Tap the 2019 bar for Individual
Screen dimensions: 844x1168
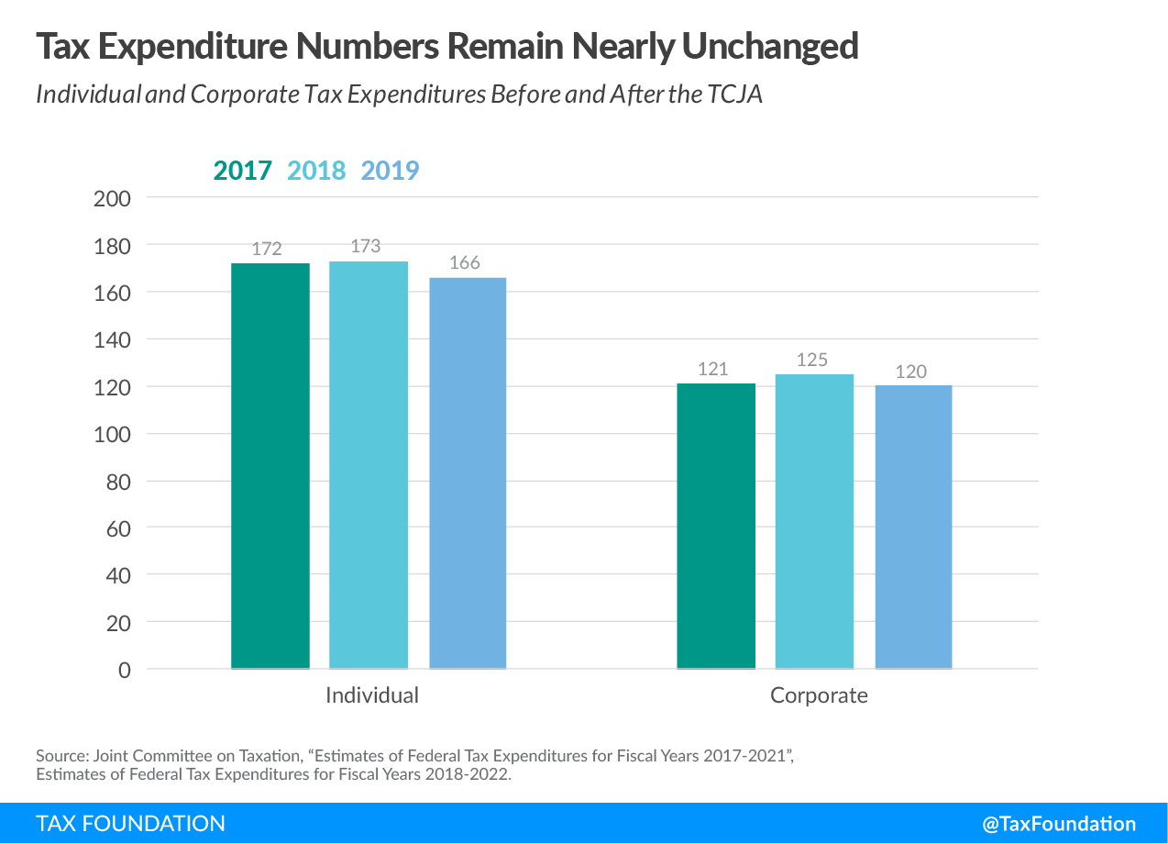pos(468,473)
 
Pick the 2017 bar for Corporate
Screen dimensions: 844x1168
pos(716,527)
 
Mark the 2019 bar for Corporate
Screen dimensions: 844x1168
pos(913,527)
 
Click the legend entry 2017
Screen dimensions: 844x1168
pos(243,171)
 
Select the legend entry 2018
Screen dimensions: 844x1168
pos(316,171)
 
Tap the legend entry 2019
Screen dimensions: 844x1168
pos(390,171)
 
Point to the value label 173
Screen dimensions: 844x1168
pos(365,247)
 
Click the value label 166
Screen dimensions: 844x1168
pos(465,263)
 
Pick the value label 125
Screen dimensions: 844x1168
pos(812,360)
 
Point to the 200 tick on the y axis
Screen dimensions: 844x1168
pos(113,198)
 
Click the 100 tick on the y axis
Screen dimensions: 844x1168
pos(113,434)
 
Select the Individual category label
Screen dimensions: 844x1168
pos(371,695)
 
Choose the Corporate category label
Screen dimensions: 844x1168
pos(819,695)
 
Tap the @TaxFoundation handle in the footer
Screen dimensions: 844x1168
pos(1059,824)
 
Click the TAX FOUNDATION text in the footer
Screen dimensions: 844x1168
pos(130,824)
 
